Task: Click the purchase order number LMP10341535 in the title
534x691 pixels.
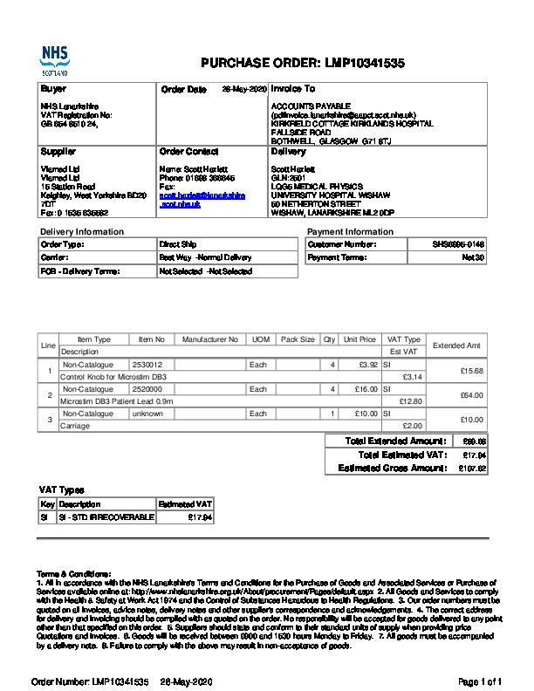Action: coord(365,63)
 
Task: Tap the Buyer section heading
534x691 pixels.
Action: coord(53,89)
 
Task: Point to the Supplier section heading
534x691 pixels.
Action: coord(58,152)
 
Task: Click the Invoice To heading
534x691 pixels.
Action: coord(293,89)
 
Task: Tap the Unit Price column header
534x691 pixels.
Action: coord(359,339)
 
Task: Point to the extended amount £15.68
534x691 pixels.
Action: coord(471,371)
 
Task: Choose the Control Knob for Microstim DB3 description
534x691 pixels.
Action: coord(113,376)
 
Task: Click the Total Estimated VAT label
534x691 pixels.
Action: coord(402,455)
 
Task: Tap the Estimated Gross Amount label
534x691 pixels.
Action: coord(392,469)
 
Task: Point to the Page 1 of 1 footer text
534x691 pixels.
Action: coord(480,681)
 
